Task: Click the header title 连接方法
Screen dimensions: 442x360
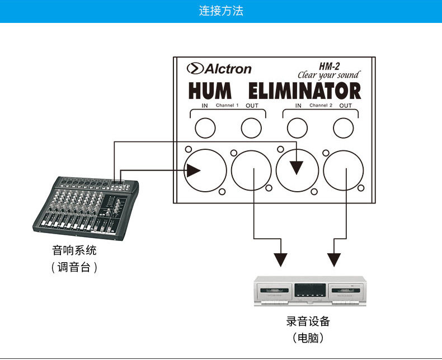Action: [221, 11]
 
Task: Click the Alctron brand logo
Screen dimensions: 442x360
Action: [219, 69]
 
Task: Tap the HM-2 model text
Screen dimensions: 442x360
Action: [329, 66]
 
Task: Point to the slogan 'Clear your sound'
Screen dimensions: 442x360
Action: [329, 75]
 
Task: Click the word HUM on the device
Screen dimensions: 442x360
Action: [210, 91]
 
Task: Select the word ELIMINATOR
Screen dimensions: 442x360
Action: [305, 91]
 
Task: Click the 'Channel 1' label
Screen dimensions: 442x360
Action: [227, 105]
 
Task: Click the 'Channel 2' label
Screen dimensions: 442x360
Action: [321, 105]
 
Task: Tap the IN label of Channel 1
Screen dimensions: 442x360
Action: [205, 106]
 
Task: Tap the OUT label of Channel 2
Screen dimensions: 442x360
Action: [346, 106]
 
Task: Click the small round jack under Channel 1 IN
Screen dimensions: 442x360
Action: [205, 128]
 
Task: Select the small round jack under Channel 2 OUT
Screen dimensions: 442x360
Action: [344, 128]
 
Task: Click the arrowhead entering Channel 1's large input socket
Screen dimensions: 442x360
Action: [193, 170]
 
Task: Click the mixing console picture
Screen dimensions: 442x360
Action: [86, 209]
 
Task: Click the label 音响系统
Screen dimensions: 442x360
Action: [74, 250]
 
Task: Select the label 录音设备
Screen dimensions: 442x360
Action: [308, 321]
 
